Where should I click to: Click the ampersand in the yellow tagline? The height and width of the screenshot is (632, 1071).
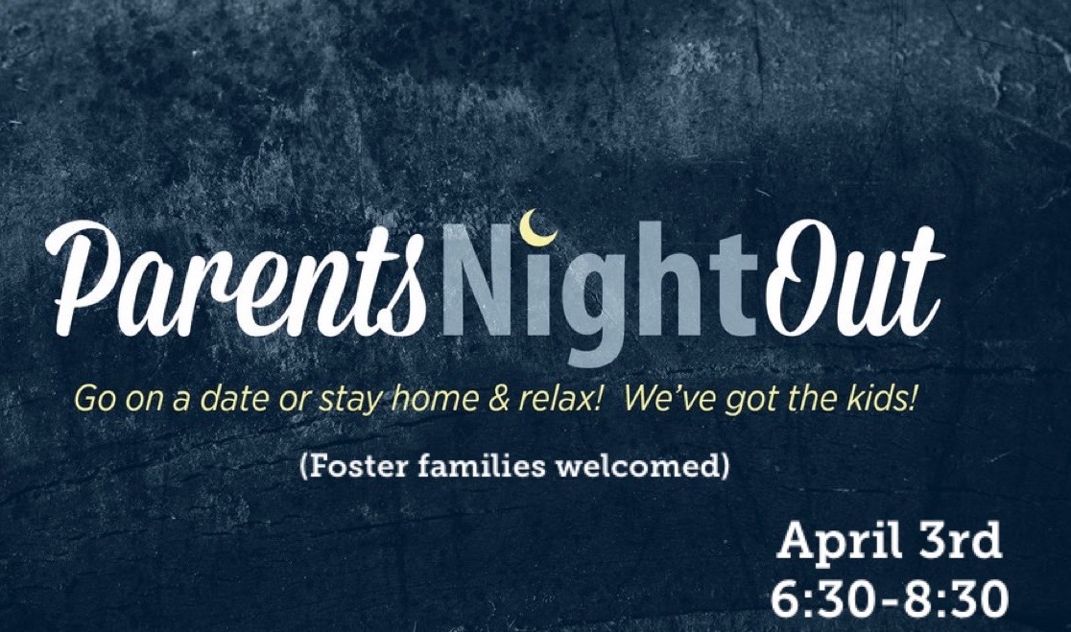(x=499, y=399)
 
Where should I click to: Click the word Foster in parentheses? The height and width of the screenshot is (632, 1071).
(x=345, y=467)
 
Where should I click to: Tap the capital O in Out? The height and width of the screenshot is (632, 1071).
(x=805, y=273)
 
